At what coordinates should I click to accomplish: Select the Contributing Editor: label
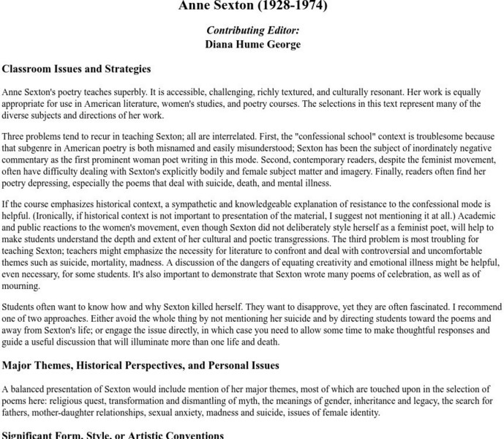tap(252, 31)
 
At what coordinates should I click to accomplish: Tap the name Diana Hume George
tap(252, 44)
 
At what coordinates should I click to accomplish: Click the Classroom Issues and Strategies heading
tap(76, 69)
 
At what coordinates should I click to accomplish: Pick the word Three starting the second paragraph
tap(14, 137)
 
